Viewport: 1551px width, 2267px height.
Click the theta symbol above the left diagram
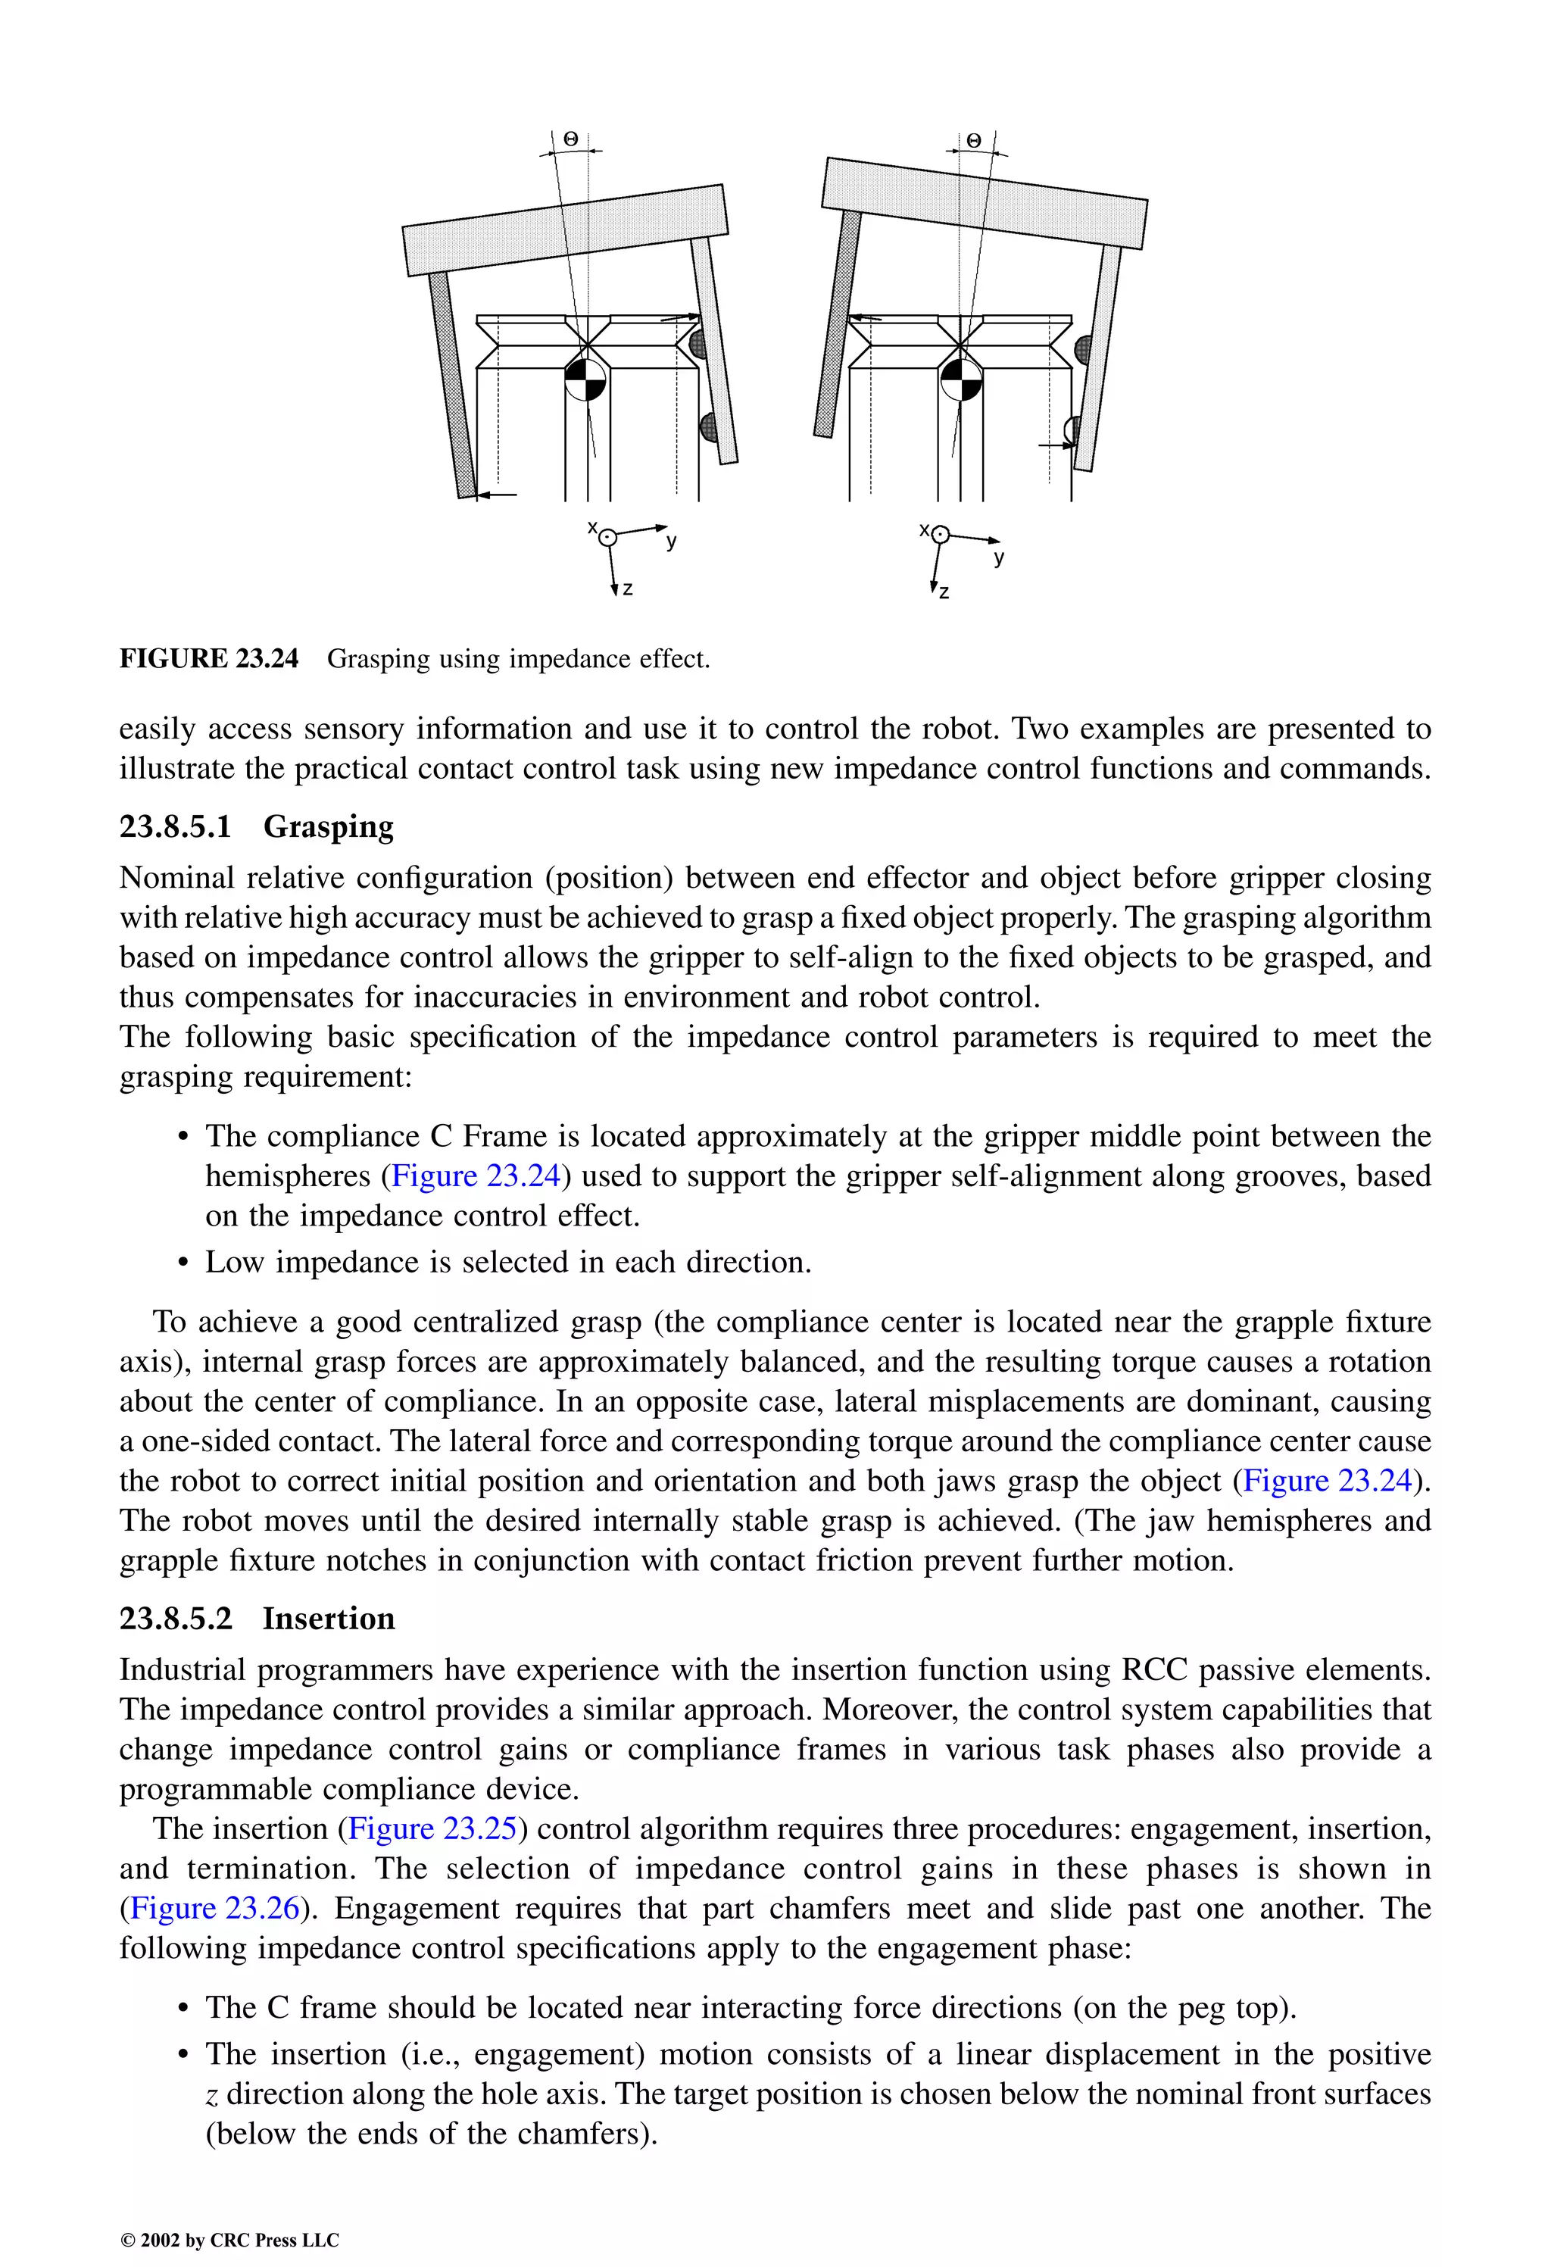[x=571, y=140]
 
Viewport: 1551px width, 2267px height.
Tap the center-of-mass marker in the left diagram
[x=585, y=379]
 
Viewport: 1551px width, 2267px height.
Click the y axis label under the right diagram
[x=999, y=559]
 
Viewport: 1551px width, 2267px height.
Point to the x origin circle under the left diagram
[x=607, y=536]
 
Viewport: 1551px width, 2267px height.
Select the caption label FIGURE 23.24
[x=209, y=660]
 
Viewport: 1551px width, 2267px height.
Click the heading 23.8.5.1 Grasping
[x=257, y=827]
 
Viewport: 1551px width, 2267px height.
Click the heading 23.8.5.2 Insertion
[x=257, y=1619]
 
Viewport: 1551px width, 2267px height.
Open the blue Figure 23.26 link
[x=214, y=1908]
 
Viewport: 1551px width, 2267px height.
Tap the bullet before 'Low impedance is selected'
[x=183, y=1264]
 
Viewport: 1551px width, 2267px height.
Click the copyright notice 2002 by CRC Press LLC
[x=229, y=2240]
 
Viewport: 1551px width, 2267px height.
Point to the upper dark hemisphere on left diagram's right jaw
[x=697, y=343]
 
